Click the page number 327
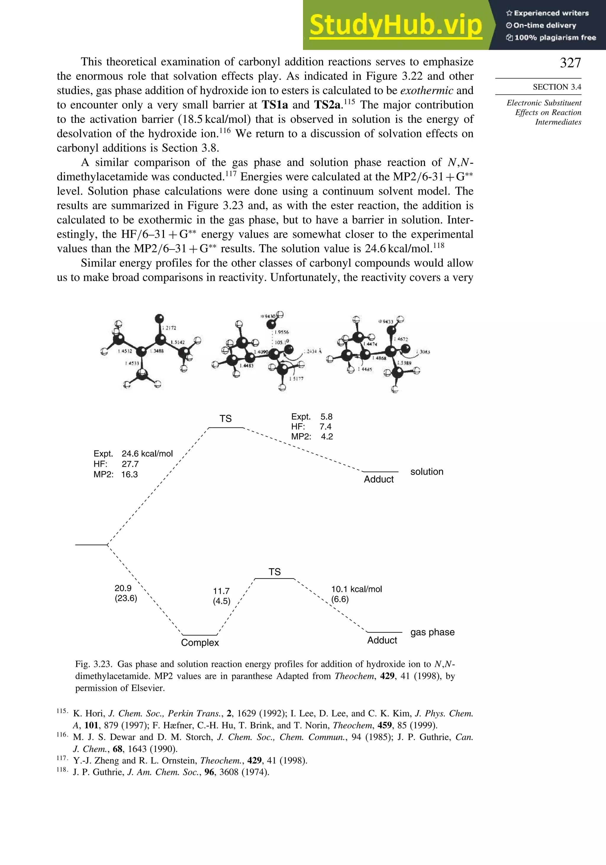coord(570,63)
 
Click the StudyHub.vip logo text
coord(396,25)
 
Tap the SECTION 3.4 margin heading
coord(557,87)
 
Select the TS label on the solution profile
coord(225,419)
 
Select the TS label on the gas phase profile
coord(275,572)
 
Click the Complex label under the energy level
coord(200,642)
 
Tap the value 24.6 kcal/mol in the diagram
coord(147,453)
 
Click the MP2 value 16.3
coord(129,474)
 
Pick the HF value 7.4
coord(325,427)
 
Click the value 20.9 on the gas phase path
coord(123,588)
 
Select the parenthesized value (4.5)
coord(221,601)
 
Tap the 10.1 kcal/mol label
coord(356,589)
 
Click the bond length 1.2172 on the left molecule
coord(169,328)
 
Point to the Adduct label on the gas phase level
coord(382,640)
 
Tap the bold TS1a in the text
coord(275,105)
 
